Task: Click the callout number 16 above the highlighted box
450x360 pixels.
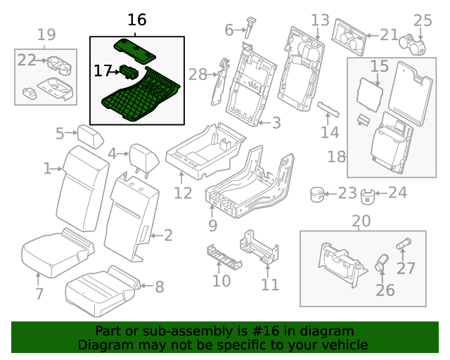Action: tap(136, 20)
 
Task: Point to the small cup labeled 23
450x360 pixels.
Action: tap(318, 193)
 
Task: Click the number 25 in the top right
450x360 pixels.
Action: tap(423, 20)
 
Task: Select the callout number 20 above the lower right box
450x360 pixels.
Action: tap(361, 221)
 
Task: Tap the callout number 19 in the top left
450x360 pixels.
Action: tap(46, 34)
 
